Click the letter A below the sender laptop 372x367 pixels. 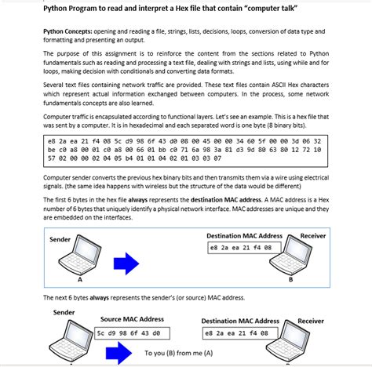pos(79,279)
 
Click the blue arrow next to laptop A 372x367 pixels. pos(127,262)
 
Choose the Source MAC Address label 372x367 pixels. pos(130,320)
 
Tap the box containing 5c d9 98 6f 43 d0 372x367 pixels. pos(130,332)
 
